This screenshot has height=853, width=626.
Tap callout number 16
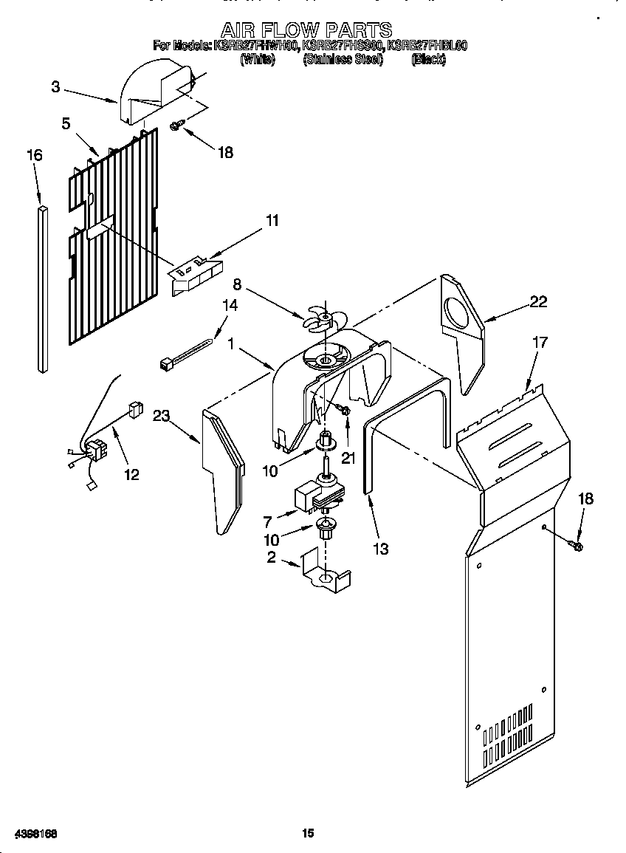[x=34, y=155]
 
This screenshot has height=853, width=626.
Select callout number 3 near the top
[x=56, y=86]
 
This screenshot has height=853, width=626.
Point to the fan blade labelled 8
[x=320, y=318]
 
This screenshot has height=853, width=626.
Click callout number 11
[x=272, y=220]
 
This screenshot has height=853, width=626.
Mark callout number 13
[x=381, y=549]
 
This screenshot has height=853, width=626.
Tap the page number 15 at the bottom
[x=308, y=833]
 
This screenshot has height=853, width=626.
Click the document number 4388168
[x=32, y=833]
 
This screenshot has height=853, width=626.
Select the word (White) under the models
[x=258, y=60]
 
